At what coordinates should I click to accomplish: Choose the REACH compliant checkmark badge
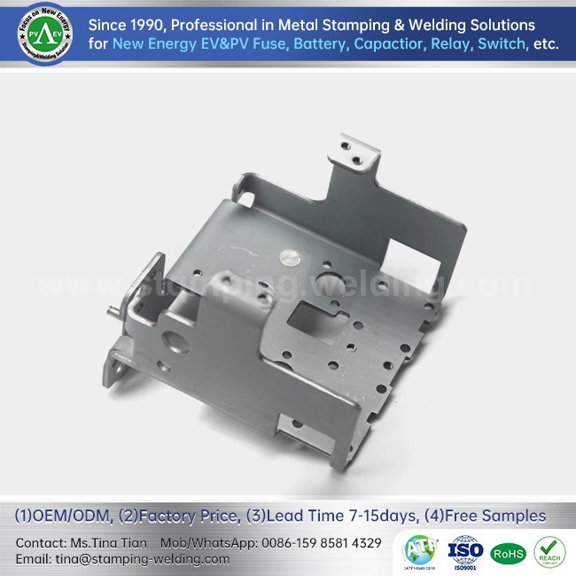coord(550,552)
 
